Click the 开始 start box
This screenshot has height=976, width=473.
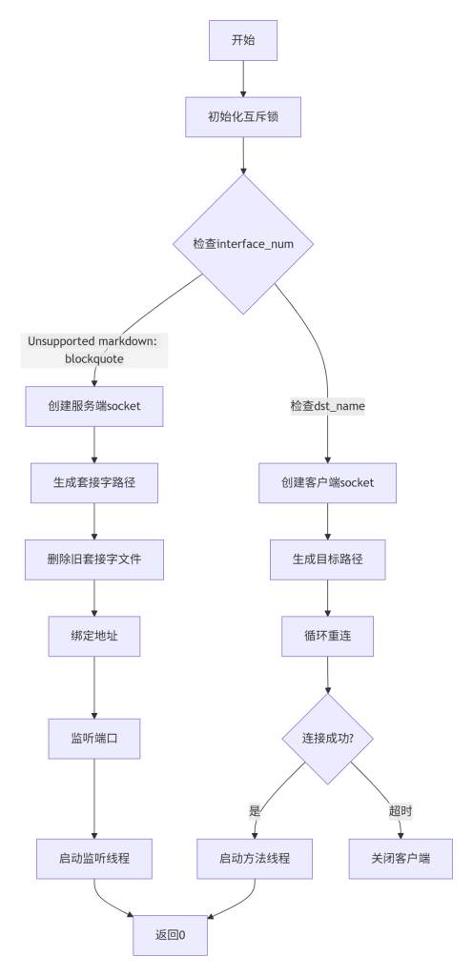click(x=242, y=40)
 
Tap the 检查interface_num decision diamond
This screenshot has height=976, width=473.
click(x=242, y=244)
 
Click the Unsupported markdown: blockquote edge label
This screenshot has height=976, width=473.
click(x=94, y=350)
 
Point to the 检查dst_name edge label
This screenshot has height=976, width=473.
click(x=328, y=406)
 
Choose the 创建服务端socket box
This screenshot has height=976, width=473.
click(x=94, y=407)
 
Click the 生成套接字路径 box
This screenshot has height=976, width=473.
click(x=94, y=483)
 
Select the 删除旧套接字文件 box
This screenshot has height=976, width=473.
click(x=94, y=559)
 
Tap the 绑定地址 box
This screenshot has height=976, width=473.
click(x=94, y=636)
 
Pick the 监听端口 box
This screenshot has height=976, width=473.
click(x=94, y=738)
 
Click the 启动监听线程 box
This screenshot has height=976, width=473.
click(x=94, y=858)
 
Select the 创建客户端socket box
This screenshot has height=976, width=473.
click(x=328, y=483)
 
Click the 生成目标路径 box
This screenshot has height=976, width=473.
click(x=328, y=559)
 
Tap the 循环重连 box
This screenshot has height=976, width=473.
click(x=328, y=636)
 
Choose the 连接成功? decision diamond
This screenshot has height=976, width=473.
click(x=328, y=738)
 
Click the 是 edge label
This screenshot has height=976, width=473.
click(x=255, y=811)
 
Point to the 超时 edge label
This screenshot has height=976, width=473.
click(x=401, y=811)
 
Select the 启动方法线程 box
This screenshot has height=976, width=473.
click(x=255, y=858)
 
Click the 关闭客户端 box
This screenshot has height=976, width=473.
click(x=401, y=858)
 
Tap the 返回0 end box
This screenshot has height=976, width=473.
click(x=171, y=935)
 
